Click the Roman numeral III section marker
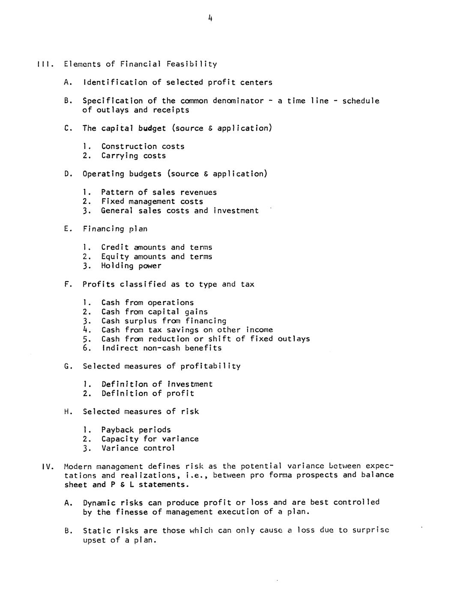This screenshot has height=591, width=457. (44, 64)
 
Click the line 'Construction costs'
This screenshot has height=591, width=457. (143, 147)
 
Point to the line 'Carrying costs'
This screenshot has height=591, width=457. (133, 156)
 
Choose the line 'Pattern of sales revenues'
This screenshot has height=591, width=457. (159, 192)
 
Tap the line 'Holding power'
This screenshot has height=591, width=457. (131, 266)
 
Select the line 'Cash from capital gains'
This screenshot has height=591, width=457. (154, 312)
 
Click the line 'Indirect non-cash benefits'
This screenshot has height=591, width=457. (161, 348)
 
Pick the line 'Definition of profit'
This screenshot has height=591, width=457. (147, 393)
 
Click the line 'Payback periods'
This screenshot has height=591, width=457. (136, 430)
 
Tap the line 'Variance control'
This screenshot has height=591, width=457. (138, 448)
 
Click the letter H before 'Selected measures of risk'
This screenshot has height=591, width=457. (67, 412)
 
